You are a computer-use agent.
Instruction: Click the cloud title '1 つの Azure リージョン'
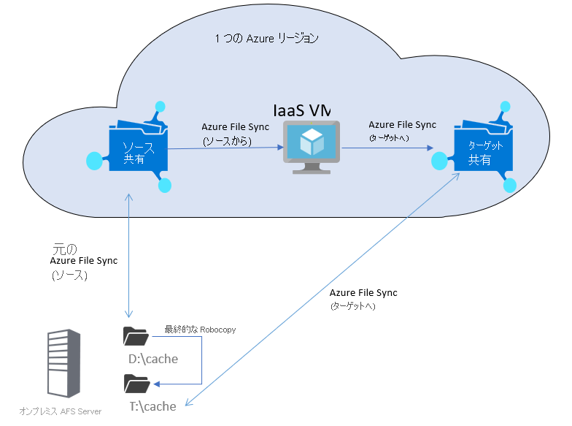tap(266, 38)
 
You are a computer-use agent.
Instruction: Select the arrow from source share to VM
tap(225, 148)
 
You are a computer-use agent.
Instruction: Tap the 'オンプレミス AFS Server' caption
tap(61, 411)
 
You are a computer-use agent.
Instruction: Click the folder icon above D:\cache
tap(136, 336)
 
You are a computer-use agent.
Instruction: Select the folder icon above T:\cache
tap(136, 383)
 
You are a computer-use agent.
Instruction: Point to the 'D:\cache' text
tap(153, 360)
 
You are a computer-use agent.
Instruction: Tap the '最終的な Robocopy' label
tap(200, 330)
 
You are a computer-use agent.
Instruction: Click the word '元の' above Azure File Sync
tap(66, 248)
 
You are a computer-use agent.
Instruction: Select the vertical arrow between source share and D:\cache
tap(129, 256)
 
